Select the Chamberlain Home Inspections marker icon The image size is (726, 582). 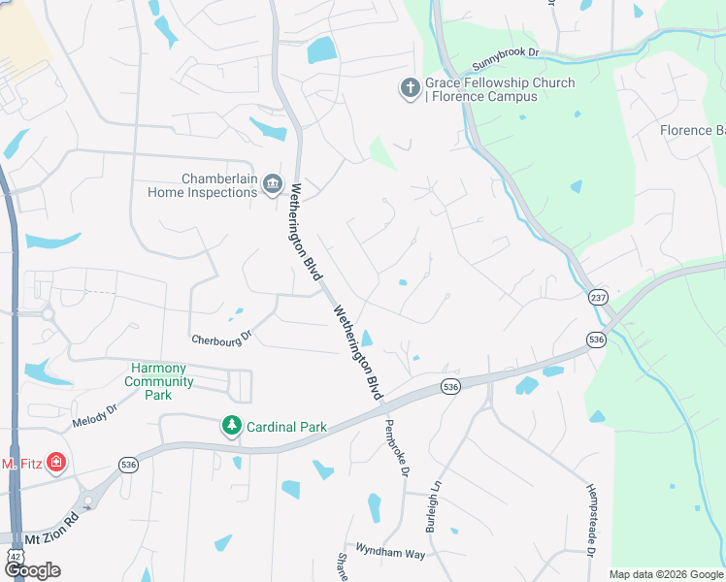273,184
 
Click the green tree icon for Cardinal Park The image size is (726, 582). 232,426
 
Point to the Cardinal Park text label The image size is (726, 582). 286,426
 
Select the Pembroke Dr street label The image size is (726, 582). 398,447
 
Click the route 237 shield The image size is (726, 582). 596,297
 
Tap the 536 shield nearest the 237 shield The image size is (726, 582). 596,339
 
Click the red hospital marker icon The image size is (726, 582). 56,462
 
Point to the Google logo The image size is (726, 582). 31,570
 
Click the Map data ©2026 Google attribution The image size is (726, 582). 666,574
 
